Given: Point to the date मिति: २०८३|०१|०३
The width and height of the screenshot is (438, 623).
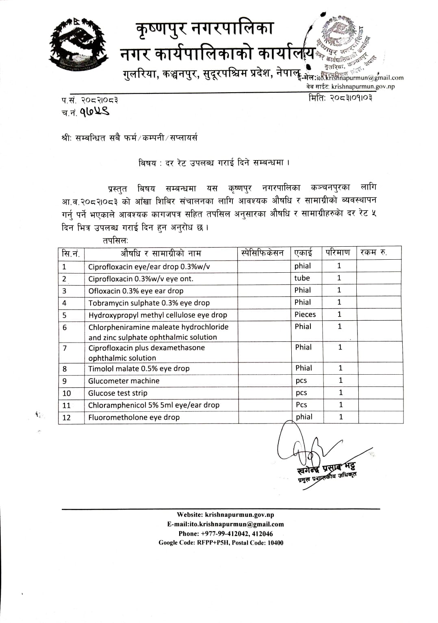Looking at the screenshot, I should [340, 98].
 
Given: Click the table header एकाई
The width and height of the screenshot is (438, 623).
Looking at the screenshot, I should [303, 253].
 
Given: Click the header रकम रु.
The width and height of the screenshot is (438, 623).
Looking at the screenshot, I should [373, 253].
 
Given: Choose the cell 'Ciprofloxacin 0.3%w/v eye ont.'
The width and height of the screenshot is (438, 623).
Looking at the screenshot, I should [141, 279].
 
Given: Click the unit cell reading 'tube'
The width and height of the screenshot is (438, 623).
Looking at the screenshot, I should [302, 278].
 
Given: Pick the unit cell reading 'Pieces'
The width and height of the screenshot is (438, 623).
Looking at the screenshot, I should [305, 314].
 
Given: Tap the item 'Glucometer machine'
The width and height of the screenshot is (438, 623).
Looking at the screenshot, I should [124, 381].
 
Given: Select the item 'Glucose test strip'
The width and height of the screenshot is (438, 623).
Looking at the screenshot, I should [118, 393].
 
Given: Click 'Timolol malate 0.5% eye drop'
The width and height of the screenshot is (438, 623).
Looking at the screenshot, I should [139, 369].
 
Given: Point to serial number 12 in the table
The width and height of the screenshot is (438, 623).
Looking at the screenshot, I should [67, 417].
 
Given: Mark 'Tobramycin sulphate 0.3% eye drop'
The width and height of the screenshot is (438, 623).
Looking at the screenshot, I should [149, 303].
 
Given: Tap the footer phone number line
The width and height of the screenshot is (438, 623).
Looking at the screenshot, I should [226, 534].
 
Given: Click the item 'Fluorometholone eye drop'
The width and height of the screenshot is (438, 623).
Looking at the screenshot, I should [134, 417].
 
